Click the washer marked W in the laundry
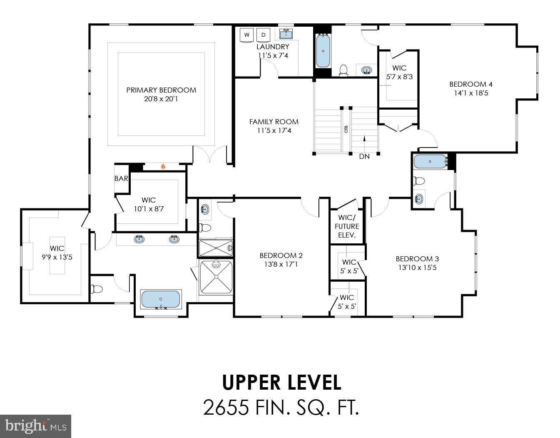[x=246, y=35]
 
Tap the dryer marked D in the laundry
[x=263, y=35]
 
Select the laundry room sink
[x=286, y=34]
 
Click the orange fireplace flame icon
[x=163, y=166]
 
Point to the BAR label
[x=121, y=178]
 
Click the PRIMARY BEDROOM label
[x=161, y=90]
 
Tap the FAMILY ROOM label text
[x=274, y=122]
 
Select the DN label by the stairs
[x=364, y=156]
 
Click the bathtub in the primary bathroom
[x=161, y=299]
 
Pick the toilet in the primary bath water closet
[x=97, y=289]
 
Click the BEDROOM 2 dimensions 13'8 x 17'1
[x=281, y=264]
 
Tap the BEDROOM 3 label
[x=417, y=259]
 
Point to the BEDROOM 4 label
[x=471, y=84]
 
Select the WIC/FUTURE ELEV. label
[x=347, y=226]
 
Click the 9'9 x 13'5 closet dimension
[x=57, y=257]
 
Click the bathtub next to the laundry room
[x=323, y=51]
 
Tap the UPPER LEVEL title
[x=281, y=383]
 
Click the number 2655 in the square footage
[x=226, y=407]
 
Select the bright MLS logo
[x=35, y=426]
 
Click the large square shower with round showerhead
[x=216, y=277]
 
